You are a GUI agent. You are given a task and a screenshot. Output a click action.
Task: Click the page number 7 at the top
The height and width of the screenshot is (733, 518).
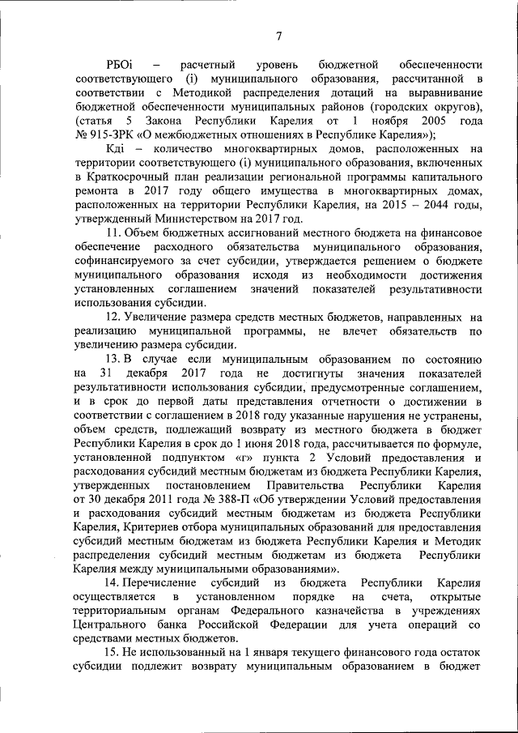coord(278,35)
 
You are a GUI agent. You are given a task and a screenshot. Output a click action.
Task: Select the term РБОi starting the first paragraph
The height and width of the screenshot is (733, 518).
coord(120,64)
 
